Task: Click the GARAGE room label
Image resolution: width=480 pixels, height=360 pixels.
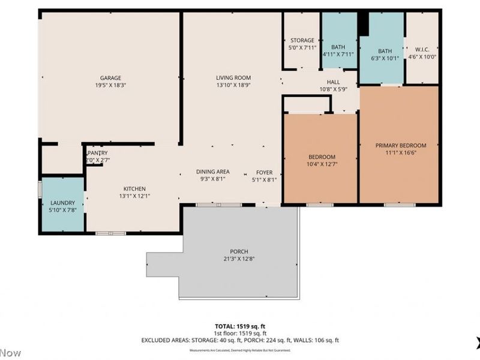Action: coord(110,78)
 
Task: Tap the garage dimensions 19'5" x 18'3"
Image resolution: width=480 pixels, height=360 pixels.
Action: coord(110,86)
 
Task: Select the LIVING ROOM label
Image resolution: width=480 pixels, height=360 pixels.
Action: coord(233,78)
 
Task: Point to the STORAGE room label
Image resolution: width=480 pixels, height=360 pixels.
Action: coord(301,41)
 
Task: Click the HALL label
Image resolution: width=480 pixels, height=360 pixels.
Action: coord(333,82)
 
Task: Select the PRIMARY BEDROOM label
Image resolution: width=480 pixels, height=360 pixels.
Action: coord(401,146)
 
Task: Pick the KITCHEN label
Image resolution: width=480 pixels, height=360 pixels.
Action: coord(134,188)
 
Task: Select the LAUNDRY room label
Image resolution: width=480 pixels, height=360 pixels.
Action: coord(62,203)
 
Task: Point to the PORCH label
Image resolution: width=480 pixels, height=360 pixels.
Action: coord(239,251)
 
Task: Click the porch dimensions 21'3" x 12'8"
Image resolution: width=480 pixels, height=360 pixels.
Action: coord(239,259)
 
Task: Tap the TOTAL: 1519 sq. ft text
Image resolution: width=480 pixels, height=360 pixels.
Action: coord(240,326)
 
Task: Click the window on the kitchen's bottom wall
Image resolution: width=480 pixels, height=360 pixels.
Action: coord(110,233)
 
